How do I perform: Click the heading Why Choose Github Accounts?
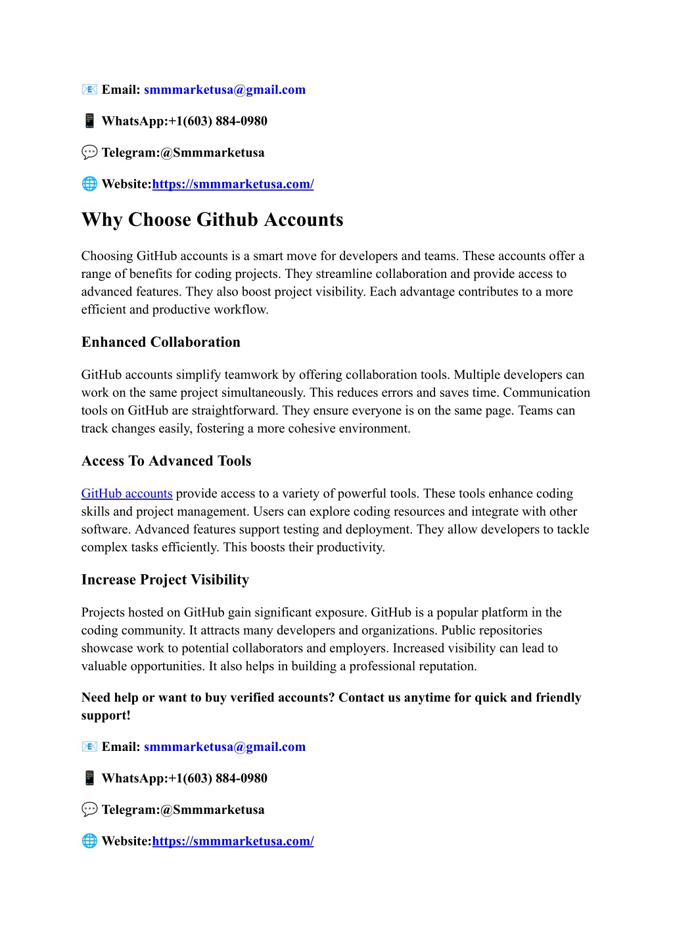coord(212,219)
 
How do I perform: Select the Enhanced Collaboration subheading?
coord(161,342)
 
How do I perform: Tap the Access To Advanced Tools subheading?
coord(166,461)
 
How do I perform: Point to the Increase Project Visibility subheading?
coord(165,580)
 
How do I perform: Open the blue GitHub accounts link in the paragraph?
coord(127,493)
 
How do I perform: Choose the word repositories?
coord(510,631)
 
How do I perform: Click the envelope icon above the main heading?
coord(89,89)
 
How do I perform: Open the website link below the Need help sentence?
coord(233,841)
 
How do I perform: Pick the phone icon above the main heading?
coord(89,121)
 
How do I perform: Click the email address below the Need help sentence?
coord(225,747)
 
